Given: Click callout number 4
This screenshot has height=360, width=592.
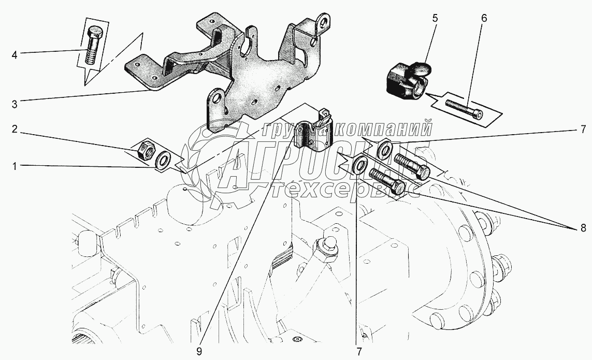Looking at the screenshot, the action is click(15, 55).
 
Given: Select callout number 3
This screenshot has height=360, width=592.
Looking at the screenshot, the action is click(15, 104).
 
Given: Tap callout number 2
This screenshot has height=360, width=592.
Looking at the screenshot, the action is click(15, 129).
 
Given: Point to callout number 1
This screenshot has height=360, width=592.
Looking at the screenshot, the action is click(15, 166).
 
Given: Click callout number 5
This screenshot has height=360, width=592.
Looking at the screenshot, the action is click(435, 18).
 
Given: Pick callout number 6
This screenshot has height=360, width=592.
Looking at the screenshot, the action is click(484, 18).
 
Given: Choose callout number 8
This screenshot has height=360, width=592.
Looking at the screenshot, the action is click(583, 228).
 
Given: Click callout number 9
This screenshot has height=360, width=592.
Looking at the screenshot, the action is click(199, 351).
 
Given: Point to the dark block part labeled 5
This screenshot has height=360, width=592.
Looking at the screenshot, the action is click(408, 79).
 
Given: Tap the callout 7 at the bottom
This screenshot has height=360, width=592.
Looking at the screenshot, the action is click(359, 351).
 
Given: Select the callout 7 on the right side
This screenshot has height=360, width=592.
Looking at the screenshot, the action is click(583, 129).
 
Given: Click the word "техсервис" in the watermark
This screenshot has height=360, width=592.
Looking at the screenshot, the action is click(345, 189).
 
